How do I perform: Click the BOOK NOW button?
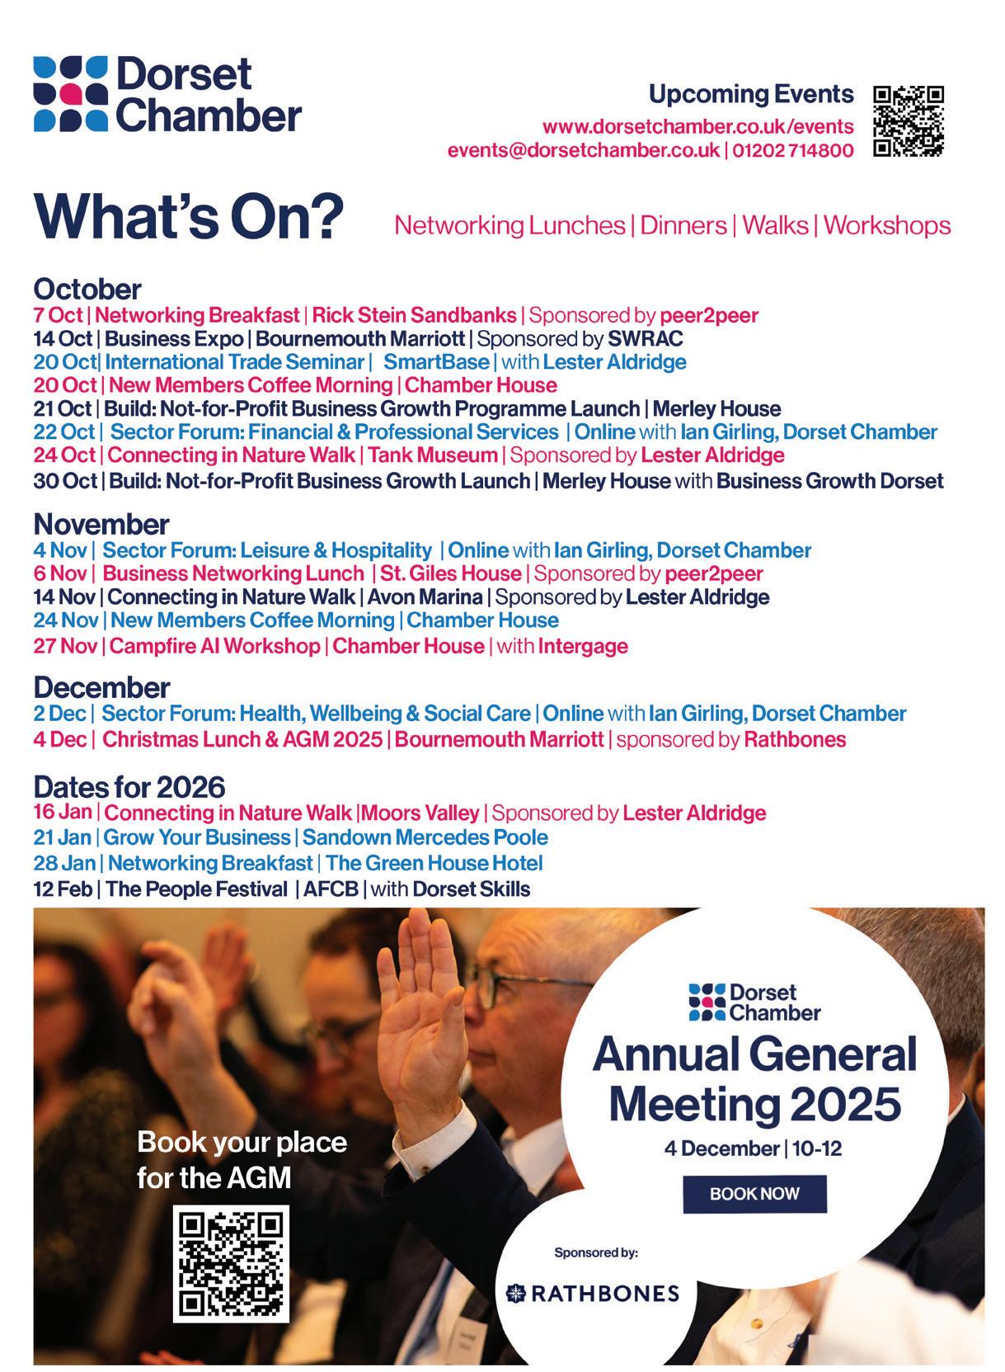(x=754, y=1193)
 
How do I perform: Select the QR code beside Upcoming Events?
(x=908, y=120)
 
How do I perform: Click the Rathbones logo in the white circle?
(x=593, y=1293)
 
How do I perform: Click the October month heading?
(x=87, y=290)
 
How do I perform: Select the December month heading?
(x=101, y=687)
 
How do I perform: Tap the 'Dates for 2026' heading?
(x=129, y=786)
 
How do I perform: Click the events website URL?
(x=697, y=127)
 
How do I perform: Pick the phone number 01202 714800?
(x=792, y=151)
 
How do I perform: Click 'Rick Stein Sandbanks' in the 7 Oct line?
(x=414, y=315)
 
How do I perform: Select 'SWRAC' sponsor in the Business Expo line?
(x=646, y=338)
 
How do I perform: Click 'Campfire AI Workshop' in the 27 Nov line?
(x=214, y=645)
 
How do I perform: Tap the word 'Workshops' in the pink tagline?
(x=887, y=225)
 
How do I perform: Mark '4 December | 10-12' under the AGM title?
(x=754, y=1148)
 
